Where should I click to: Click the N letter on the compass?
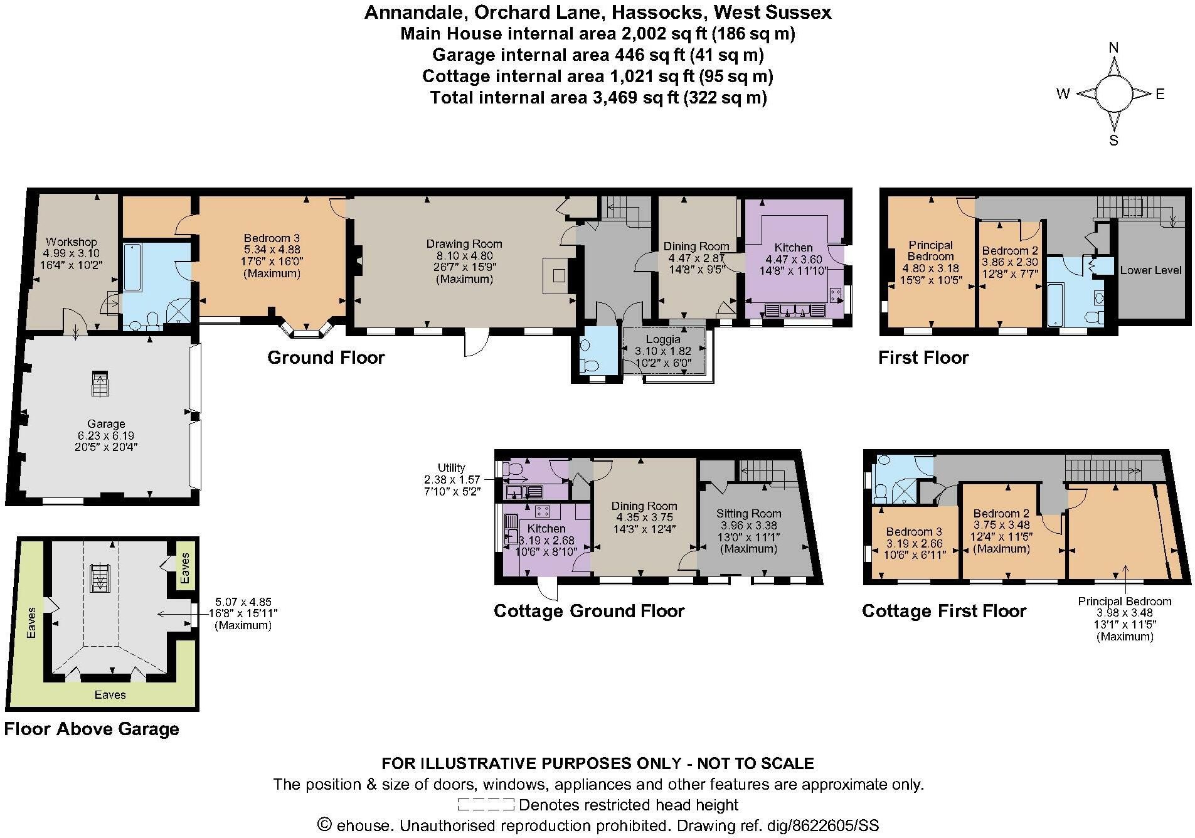coord(1114,48)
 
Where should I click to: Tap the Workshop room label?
coord(71,241)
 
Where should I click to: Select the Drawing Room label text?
coord(464,244)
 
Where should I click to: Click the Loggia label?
coord(663,339)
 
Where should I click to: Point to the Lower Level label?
coord(1150,270)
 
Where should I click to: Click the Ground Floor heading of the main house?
coord(326,358)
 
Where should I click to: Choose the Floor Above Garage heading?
coord(92,729)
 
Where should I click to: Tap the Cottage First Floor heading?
coord(944,611)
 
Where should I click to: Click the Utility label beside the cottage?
coord(452,467)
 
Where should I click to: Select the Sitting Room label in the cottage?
coord(749,514)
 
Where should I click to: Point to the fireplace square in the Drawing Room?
coord(558,275)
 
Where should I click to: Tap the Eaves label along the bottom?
coord(110,694)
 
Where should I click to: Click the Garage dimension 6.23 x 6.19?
coord(106,435)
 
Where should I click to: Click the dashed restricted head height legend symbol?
coord(486,804)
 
